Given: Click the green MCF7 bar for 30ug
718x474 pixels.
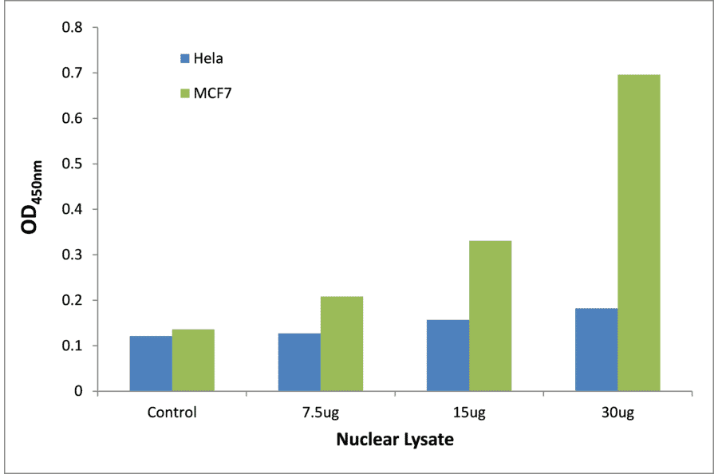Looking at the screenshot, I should [638, 233].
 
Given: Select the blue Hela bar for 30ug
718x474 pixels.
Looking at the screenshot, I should [596, 350].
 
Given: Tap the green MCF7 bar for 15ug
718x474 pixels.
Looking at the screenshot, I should [490, 316].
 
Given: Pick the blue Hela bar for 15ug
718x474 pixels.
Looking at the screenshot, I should [448, 355].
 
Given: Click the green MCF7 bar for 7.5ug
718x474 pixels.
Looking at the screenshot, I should [341, 344].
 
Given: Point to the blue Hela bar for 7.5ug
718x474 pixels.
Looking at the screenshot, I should [299, 362].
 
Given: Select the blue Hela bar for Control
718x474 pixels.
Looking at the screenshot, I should [151, 363].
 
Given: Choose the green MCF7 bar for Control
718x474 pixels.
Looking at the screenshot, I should [193, 360].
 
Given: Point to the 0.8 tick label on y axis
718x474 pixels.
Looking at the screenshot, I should [73, 28].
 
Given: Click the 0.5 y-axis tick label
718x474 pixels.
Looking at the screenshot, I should [73, 164].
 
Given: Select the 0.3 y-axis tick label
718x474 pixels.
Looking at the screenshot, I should [73, 255].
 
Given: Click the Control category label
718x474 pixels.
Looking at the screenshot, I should [172, 413].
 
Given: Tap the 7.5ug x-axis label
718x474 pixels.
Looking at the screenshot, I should [320, 413].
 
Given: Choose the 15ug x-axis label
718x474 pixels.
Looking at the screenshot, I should [468, 413].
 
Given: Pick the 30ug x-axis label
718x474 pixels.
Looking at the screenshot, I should [617, 413].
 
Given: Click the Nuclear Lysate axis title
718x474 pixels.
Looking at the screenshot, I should [394, 440].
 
